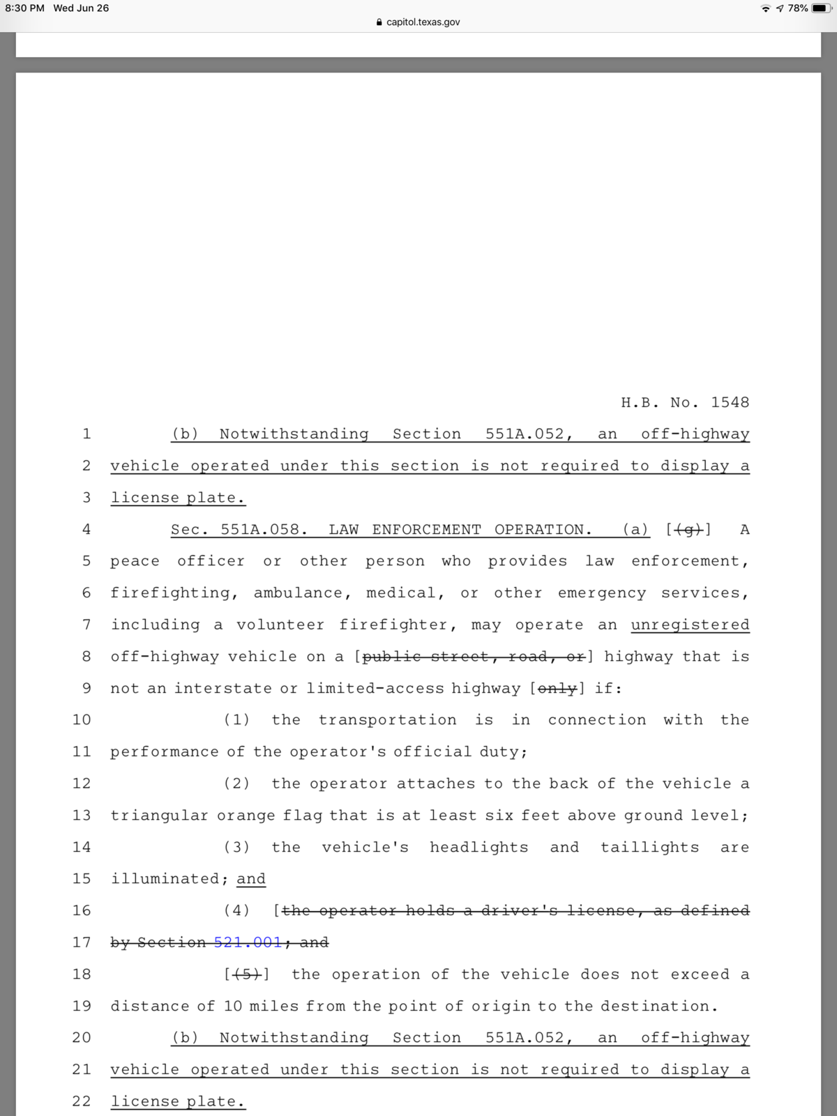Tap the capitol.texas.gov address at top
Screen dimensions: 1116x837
click(423, 22)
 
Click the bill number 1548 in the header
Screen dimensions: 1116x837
click(730, 402)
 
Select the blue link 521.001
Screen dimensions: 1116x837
click(248, 942)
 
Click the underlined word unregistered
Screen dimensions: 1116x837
click(690, 625)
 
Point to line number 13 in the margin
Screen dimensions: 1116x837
click(82, 815)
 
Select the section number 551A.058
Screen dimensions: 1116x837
click(264, 529)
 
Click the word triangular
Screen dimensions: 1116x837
click(159, 815)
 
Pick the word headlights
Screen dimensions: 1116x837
click(478, 847)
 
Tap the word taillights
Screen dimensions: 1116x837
click(649, 847)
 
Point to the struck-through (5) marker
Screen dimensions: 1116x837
click(247, 974)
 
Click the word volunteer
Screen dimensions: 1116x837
click(280, 625)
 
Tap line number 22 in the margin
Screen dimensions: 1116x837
click(82, 1101)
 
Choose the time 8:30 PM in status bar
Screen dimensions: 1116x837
click(24, 8)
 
